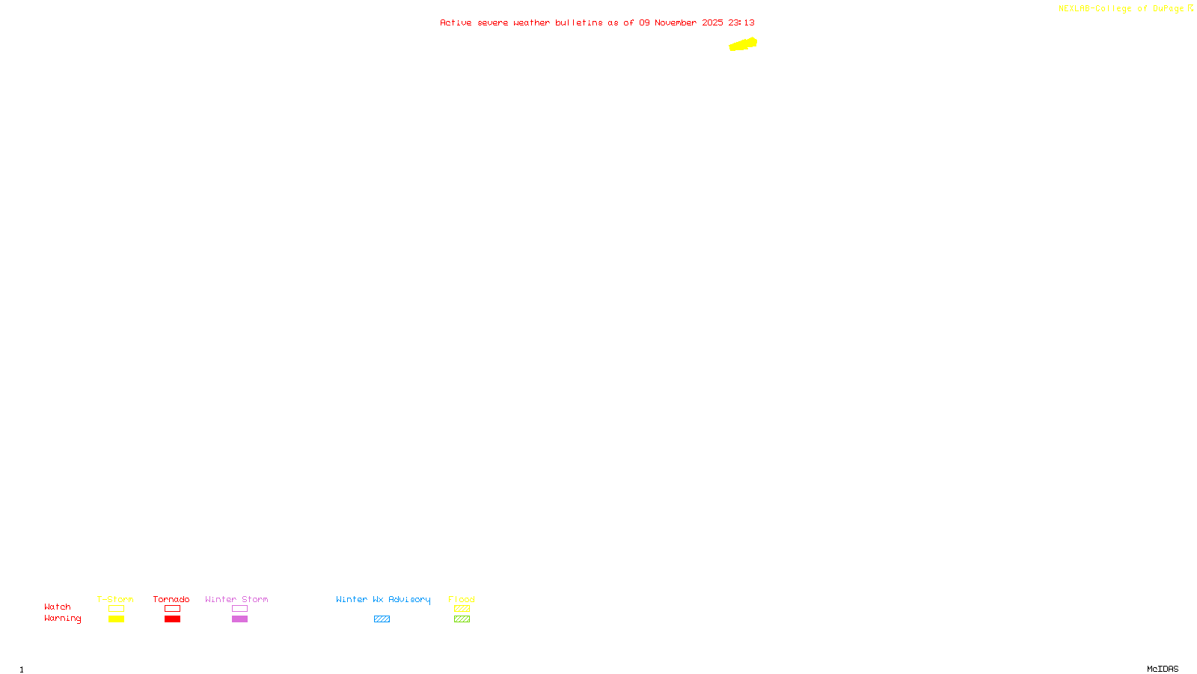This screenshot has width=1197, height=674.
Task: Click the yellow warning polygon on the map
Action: point(743,45)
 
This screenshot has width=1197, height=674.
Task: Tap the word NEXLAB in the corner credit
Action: point(1074,9)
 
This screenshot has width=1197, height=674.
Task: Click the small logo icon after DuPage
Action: point(1190,8)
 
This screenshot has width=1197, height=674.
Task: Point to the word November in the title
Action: point(676,23)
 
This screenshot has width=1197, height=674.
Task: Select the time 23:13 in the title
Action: point(741,23)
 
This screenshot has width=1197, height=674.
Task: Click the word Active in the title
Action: point(456,23)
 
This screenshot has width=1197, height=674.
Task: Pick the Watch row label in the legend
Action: point(58,607)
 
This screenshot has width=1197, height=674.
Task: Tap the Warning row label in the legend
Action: point(62,619)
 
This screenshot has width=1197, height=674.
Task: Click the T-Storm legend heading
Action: point(115,599)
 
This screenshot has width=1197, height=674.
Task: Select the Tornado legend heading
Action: point(171,599)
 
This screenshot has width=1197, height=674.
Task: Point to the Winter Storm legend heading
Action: point(236,599)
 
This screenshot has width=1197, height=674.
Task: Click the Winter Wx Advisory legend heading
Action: point(383,599)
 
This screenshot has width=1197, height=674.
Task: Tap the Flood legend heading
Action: point(462,599)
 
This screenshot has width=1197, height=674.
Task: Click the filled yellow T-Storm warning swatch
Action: point(116,619)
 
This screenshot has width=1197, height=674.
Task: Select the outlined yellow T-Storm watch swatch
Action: point(116,609)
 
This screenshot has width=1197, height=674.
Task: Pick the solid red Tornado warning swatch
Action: point(172,619)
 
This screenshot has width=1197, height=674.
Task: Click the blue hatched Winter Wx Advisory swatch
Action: point(382,619)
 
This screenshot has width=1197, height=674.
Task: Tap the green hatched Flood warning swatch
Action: point(462,619)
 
